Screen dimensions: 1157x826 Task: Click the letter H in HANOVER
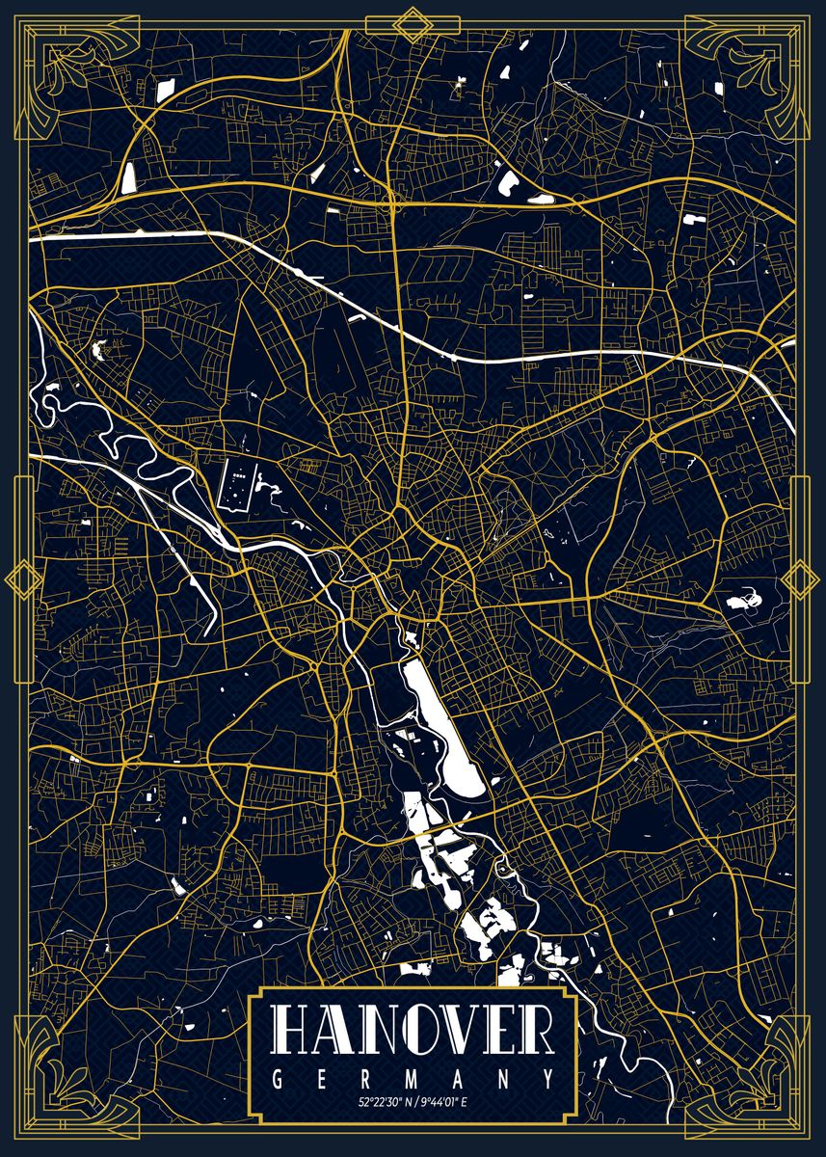click(293, 1031)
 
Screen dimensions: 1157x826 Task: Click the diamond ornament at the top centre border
click(413, 23)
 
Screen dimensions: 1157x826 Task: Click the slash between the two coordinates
click(413, 1101)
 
